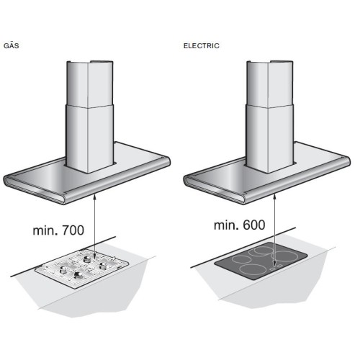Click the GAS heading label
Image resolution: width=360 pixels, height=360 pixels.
pyautogui.click(x=12, y=45)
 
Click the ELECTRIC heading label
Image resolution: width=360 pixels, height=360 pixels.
pyautogui.click(x=202, y=45)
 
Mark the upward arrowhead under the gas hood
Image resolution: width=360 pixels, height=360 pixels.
pyautogui.click(x=95, y=188)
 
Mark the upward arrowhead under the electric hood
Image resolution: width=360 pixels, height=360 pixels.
pyautogui.click(x=275, y=188)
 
